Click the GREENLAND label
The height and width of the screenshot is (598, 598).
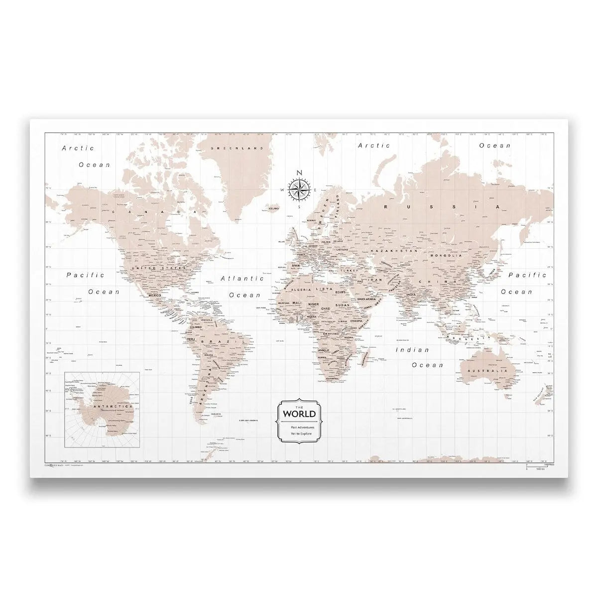(230, 149)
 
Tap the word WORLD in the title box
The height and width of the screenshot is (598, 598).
(299, 414)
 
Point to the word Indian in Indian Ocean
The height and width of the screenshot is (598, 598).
(412, 350)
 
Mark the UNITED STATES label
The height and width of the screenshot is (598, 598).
(149, 268)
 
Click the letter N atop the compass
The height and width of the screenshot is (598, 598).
(299, 173)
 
